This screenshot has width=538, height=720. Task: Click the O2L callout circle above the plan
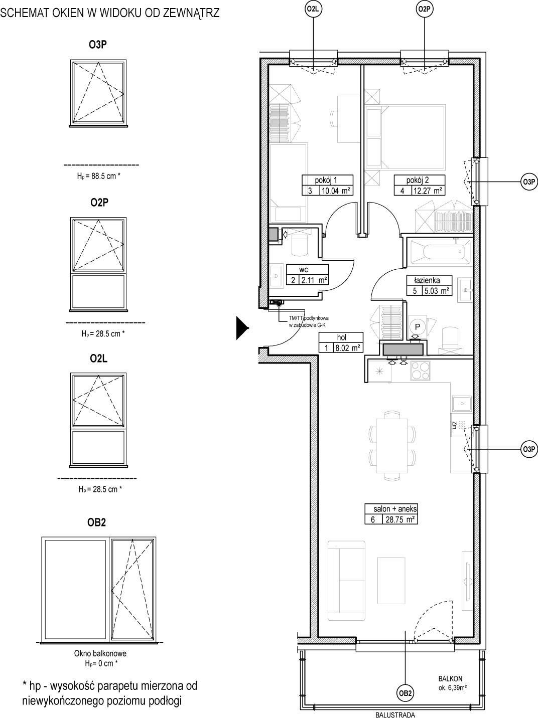coord(312,10)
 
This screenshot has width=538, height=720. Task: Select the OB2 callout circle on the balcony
coord(405,693)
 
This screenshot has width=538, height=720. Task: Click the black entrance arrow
coord(242,328)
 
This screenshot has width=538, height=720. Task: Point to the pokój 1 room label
coord(326,180)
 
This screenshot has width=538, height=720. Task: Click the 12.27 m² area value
coord(428,190)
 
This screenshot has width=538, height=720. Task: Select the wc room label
coord(304,270)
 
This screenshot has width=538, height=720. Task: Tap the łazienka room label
coord(427,280)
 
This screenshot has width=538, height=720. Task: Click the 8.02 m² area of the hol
coord(347,347)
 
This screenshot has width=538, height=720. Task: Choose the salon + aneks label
coord(395,509)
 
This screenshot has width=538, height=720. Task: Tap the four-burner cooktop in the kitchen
coord(421,371)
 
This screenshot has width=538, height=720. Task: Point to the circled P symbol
coord(418,327)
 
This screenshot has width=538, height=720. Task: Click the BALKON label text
coord(450,679)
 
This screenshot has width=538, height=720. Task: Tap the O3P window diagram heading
coord(98,45)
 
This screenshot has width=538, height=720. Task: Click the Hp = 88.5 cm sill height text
coord(99,176)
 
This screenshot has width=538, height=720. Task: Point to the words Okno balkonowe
coord(100,653)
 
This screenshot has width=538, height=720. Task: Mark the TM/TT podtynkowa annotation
coord(309,318)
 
